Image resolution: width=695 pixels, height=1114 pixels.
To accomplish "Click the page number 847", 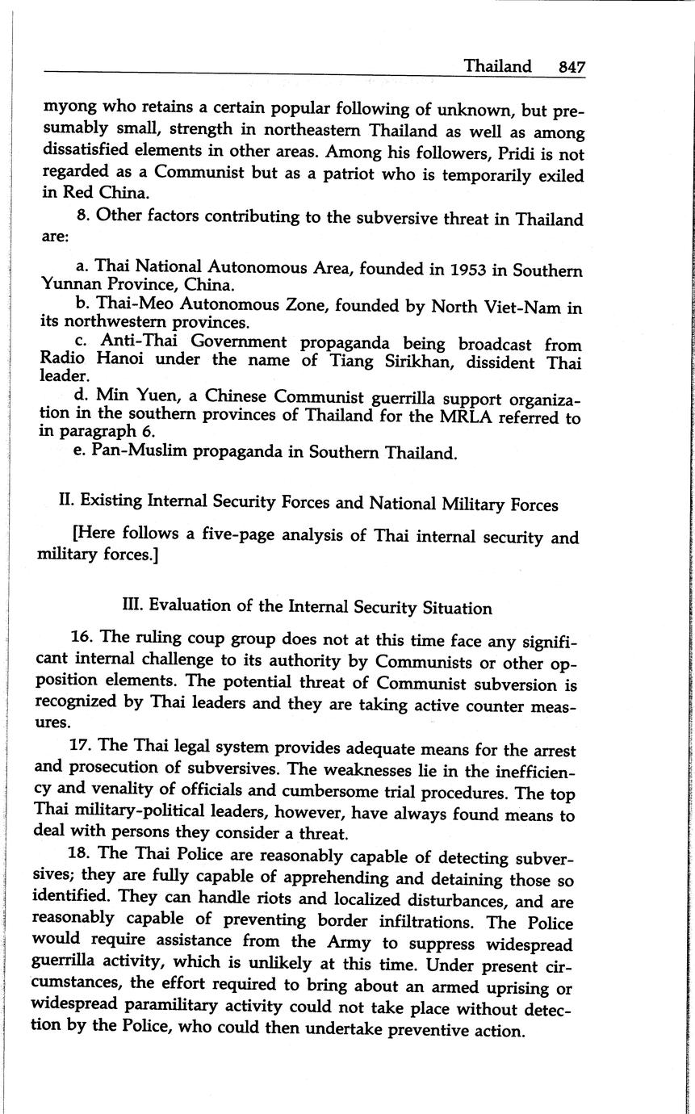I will [x=571, y=67].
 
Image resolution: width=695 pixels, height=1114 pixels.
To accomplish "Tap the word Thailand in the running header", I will [x=497, y=66].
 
